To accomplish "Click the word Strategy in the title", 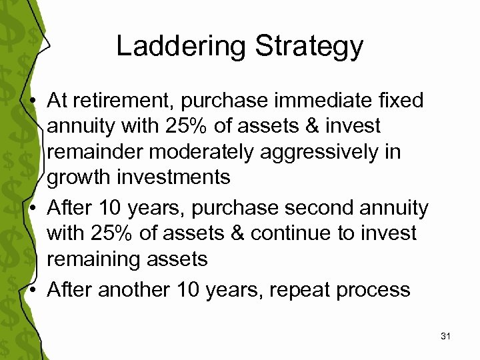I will click(309, 46).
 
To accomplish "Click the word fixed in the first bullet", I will click(400, 101).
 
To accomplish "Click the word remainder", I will click(97, 152).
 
